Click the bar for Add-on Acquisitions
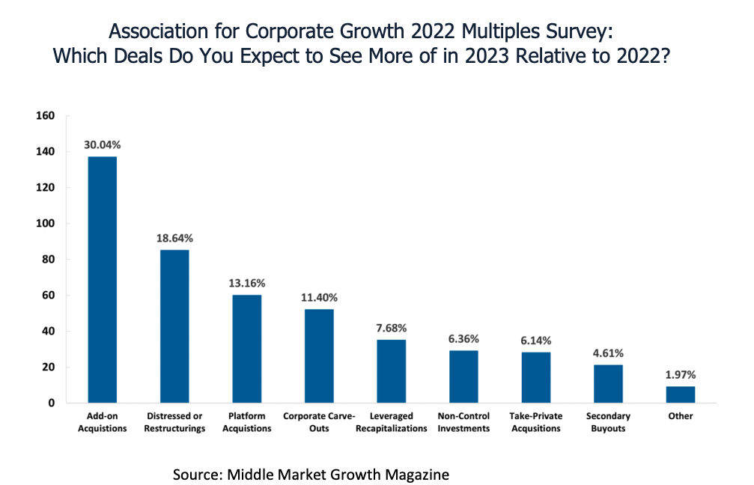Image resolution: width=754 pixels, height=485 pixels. [x=102, y=279]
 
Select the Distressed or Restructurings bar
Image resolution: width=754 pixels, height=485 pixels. [x=174, y=326]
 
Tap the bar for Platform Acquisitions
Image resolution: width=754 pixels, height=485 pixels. [x=246, y=349]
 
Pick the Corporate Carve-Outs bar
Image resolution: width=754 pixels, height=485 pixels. [x=319, y=356]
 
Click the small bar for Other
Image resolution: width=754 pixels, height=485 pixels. [x=681, y=394]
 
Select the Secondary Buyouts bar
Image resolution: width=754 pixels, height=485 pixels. [x=608, y=384]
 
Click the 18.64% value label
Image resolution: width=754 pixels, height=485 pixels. [x=174, y=239]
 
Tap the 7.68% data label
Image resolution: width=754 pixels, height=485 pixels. [x=392, y=329]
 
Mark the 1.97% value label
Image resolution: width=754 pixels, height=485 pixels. [x=681, y=375]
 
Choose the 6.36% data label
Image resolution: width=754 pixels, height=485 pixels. [x=464, y=339]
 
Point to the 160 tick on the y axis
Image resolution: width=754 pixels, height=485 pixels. [x=46, y=116]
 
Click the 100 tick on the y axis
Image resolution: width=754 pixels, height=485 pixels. [x=46, y=224]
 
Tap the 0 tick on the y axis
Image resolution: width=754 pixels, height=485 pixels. [x=52, y=403]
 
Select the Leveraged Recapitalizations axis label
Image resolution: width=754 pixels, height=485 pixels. [x=392, y=422]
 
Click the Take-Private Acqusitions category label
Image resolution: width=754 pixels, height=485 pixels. [x=535, y=422]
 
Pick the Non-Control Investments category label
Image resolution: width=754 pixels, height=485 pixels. [x=464, y=422]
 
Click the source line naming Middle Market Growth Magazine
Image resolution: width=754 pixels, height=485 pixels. [x=311, y=475]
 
